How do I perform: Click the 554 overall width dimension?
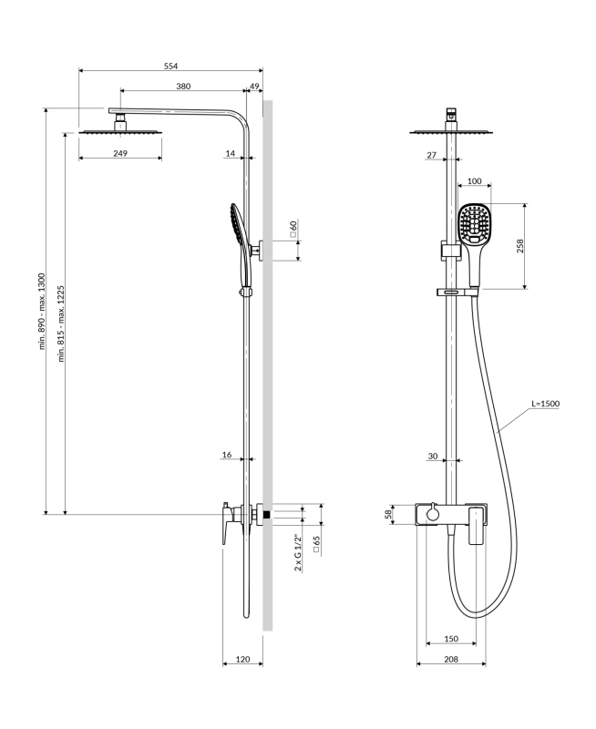click(x=170, y=65)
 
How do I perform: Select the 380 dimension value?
click(x=183, y=86)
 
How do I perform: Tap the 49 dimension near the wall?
click(x=254, y=86)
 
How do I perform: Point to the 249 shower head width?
click(x=120, y=153)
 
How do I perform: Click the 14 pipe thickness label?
click(x=230, y=153)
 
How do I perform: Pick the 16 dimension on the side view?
click(x=227, y=454)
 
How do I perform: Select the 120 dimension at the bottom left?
click(x=242, y=657)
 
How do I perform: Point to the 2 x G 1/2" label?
click(x=298, y=553)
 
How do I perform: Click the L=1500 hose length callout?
click(x=544, y=404)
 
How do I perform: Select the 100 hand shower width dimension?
click(x=474, y=181)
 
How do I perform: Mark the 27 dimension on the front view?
click(x=431, y=155)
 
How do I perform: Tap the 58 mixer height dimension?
click(x=387, y=515)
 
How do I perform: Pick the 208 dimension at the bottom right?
click(x=450, y=657)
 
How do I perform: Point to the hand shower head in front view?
click(x=474, y=224)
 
